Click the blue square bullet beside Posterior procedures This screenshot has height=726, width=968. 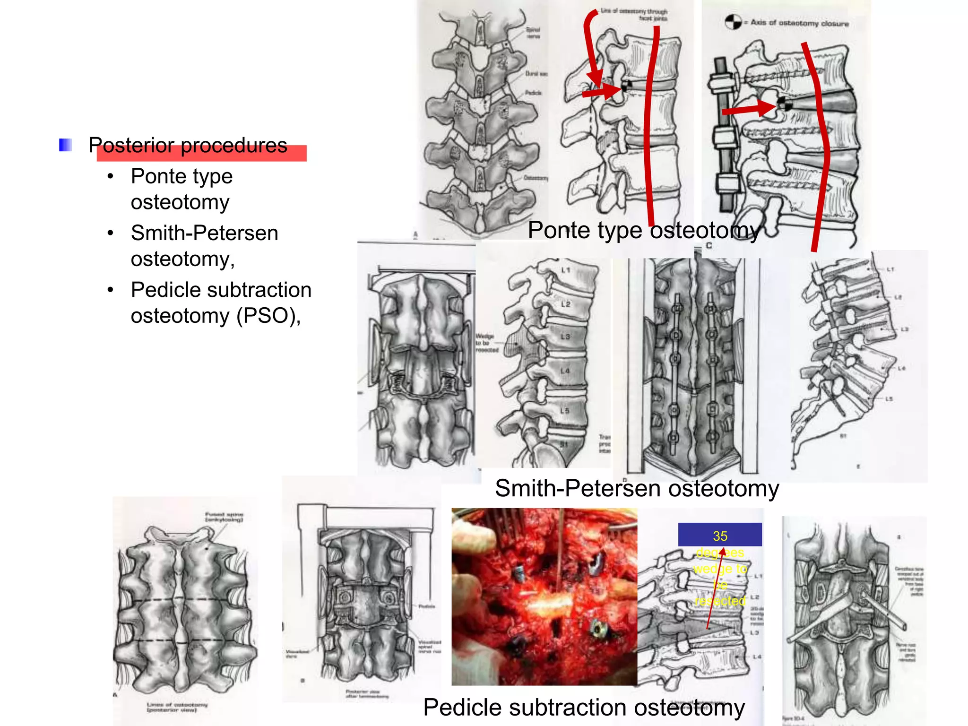[x=65, y=145]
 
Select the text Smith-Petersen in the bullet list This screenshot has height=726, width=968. [x=204, y=233]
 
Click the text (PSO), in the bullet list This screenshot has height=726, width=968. [x=268, y=315]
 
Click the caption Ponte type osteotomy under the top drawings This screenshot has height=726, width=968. [x=644, y=231]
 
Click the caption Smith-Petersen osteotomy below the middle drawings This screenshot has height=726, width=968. [x=637, y=488]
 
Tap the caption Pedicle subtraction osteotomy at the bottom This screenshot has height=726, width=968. [x=584, y=708]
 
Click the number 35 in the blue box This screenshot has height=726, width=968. [x=720, y=536]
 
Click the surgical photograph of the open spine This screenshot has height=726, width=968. [x=544, y=596]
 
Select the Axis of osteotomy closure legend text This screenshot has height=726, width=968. [x=800, y=23]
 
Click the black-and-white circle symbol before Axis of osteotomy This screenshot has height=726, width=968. [x=733, y=22]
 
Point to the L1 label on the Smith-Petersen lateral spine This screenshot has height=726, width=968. [x=566, y=270]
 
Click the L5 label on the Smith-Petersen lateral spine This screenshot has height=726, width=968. [x=564, y=411]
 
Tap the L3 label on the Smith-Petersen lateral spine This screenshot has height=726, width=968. [x=565, y=337]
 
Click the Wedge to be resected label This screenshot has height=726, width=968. [x=486, y=343]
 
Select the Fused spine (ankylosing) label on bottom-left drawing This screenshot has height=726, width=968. [x=224, y=517]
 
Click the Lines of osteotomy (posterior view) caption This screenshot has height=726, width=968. [x=177, y=707]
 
